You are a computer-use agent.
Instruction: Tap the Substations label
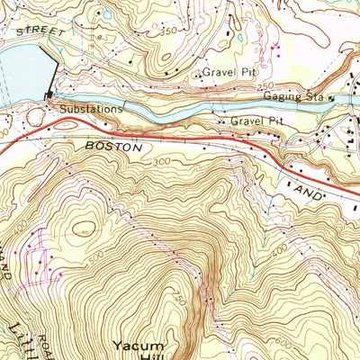coord(91,110)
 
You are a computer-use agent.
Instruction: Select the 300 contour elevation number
coord(161,162)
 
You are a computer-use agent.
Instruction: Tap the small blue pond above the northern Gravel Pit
coord(107,14)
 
